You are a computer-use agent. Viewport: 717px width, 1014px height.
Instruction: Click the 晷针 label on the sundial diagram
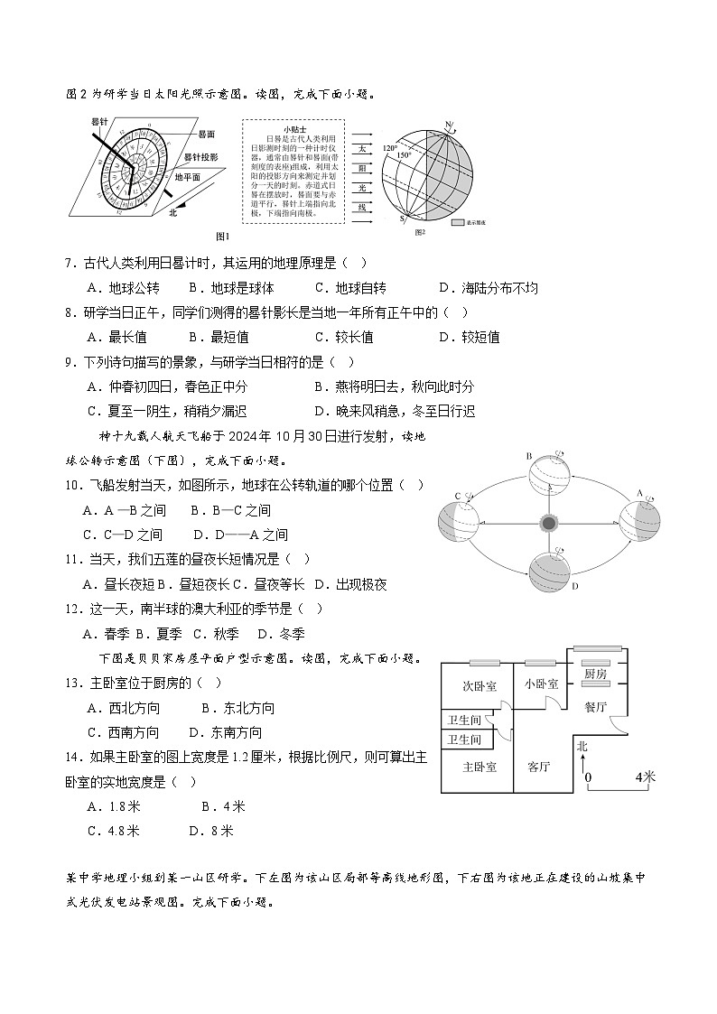[99, 121]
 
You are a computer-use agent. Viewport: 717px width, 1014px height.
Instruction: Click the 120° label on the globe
[390, 146]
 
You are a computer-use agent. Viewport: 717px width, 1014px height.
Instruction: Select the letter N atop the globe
[447, 124]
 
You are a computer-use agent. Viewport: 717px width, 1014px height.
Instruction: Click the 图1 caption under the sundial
[223, 237]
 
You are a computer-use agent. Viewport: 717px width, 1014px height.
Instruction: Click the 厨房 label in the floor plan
[594, 674]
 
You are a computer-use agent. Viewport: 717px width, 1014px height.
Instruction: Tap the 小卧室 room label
[541, 684]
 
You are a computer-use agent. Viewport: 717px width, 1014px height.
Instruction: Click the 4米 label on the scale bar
[645, 777]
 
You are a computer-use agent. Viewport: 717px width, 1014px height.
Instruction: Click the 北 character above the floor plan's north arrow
[582, 747]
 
